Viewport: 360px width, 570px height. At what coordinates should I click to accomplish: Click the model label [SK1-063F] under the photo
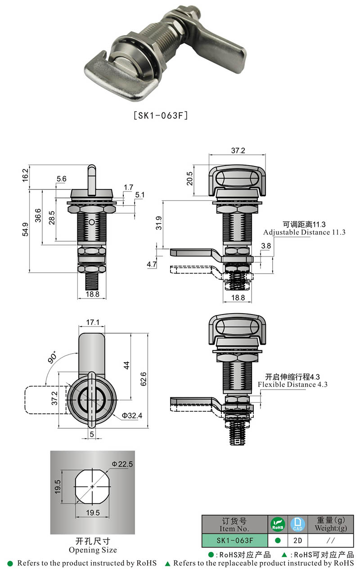[161, 115]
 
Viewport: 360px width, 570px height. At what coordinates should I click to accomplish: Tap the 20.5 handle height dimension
[189, 179]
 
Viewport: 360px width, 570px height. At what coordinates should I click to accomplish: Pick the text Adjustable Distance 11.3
[304, 233]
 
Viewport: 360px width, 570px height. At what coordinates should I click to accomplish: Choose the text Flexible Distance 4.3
[292, 385]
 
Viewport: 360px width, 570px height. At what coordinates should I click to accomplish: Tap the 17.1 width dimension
[92, 323]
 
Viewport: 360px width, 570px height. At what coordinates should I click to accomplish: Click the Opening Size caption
[93, 550]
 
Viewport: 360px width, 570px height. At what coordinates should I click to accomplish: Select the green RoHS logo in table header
[278, 524]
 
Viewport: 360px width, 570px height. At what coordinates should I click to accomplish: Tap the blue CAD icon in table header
[297, 524]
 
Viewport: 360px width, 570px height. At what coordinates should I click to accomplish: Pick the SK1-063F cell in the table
[234, 540]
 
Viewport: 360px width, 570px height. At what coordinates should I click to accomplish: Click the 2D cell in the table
[297, 540]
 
